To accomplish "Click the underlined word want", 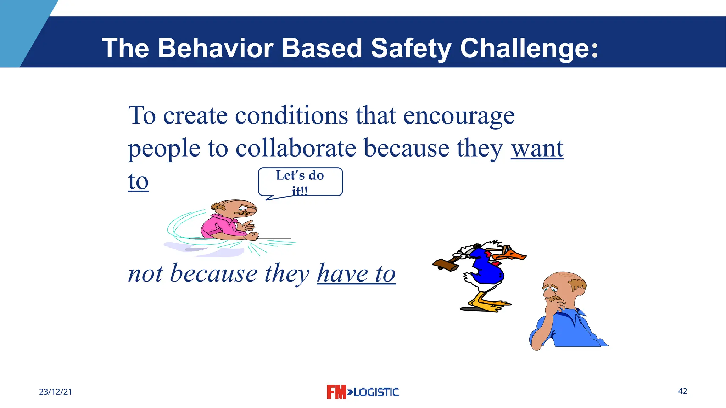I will (x=537, y=149).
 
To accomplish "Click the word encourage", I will (x=459, y=116).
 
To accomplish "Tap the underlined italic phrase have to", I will (x=356, y=274).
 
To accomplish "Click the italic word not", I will (x=145, y=274).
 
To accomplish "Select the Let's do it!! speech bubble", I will (x=300, y=182).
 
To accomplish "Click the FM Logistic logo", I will (x=362, y=392).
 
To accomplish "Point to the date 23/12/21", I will (x=55, y=392).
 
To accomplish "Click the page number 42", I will (x=682, y=391).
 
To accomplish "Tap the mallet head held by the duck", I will (x=445, y=265).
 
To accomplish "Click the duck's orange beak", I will (x=515, y=256).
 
